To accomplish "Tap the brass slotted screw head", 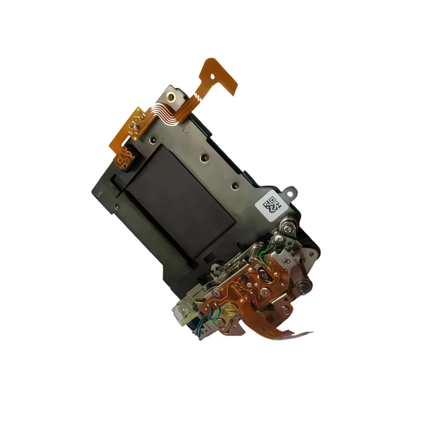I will [x=229, y=311].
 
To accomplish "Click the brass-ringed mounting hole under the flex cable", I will [x=170, y=96].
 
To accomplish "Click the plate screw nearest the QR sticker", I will [x=234, y=186].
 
